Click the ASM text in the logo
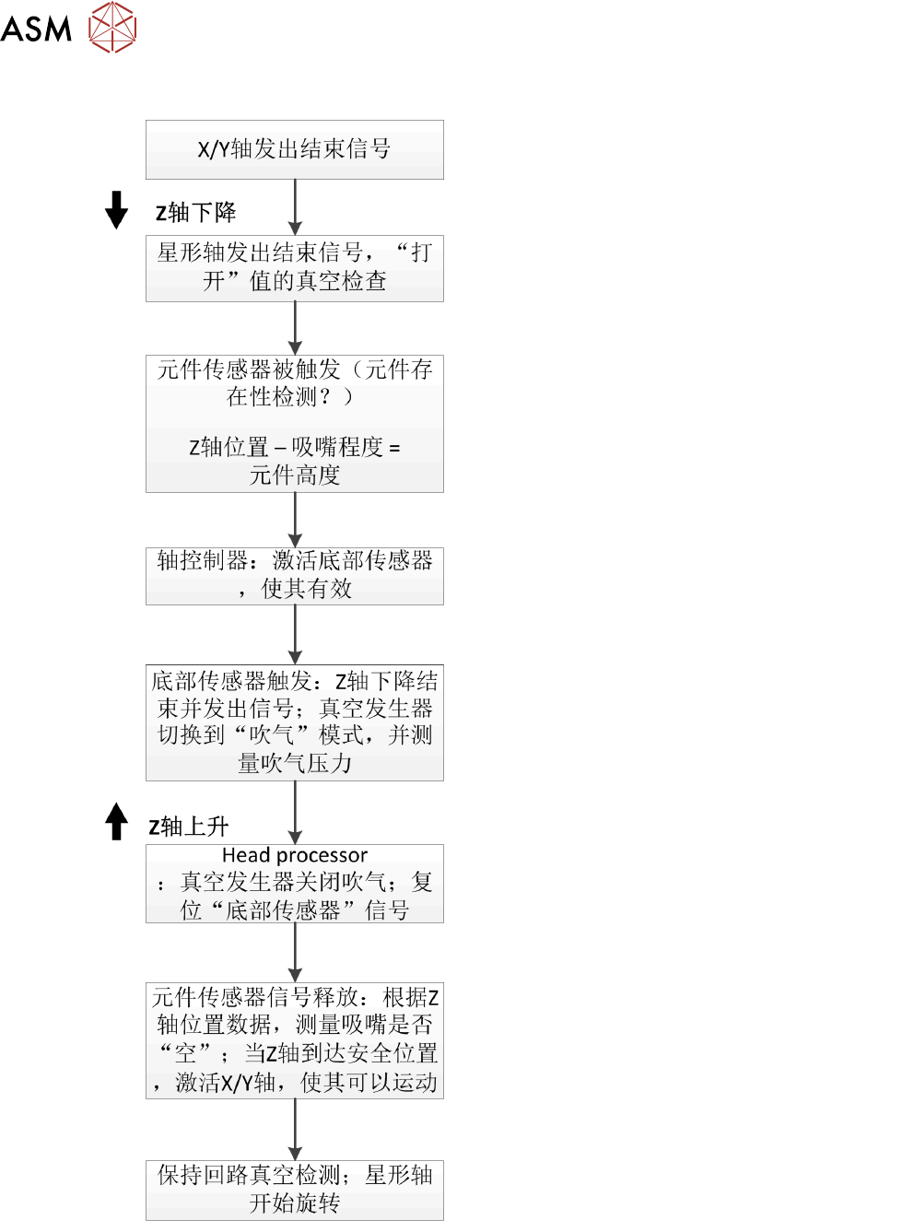[36, 29]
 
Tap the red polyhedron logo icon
[112, 27]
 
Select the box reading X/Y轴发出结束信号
[295, 149]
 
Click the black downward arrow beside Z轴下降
[117, 210]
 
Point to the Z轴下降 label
[195, 213]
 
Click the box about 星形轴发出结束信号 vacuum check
[295, 267]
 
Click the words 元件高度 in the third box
[295, 475]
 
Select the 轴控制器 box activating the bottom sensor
[295, 575]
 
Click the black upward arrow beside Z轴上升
[116, 821]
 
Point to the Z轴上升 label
[189, 827]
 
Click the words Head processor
[295, 855]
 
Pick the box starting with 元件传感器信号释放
[295, 1040]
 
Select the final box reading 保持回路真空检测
[295, 1190]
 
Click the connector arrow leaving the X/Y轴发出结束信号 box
[295, 207]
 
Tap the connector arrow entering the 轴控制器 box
[295, 521]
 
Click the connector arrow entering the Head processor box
[295, 813]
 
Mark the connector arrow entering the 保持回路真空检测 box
[295, 1130]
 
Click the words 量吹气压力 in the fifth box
[295, 764]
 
